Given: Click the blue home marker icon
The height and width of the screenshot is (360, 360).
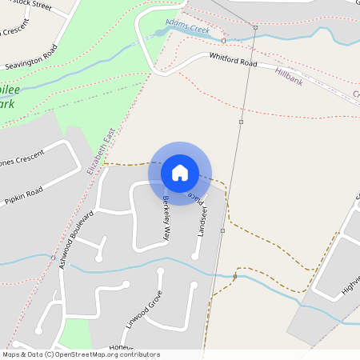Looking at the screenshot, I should [x=180, y=173].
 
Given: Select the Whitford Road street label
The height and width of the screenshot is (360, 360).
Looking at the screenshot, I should [x=233, y=60].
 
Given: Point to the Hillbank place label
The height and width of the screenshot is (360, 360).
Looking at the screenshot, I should [x=290, y=75].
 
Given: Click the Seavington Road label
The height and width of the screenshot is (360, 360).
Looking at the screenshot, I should [x=31, y=55].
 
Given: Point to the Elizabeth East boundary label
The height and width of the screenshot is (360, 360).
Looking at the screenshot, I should [x=102, y=151].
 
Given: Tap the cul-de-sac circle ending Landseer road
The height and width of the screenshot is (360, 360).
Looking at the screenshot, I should [x=194, y=256].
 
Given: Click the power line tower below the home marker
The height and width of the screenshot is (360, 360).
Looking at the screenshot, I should [x=223, y=230].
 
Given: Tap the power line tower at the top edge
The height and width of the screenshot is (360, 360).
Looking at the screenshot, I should [x=255, y=28].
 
